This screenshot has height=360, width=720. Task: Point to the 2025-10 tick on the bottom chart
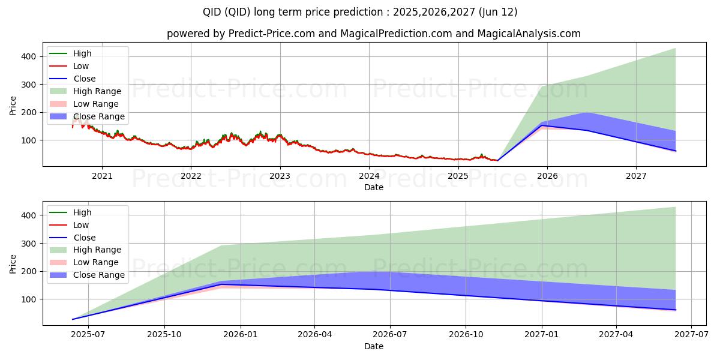click(x=164, y=335)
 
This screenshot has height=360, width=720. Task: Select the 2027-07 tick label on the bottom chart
click(x=692, y=335)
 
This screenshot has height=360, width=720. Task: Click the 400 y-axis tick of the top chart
click(x=28, y=56)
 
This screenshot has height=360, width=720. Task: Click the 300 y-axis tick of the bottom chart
click(x=28, y=244)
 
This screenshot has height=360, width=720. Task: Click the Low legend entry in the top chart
click(x=81, y=66)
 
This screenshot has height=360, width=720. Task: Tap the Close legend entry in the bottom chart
click(x=84, y=238)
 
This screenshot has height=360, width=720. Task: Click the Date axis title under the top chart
click(x=374, y=187)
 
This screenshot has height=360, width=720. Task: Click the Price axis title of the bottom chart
click(x=13, y=263)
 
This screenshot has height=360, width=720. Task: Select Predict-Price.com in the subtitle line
click(x=272, y=34)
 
